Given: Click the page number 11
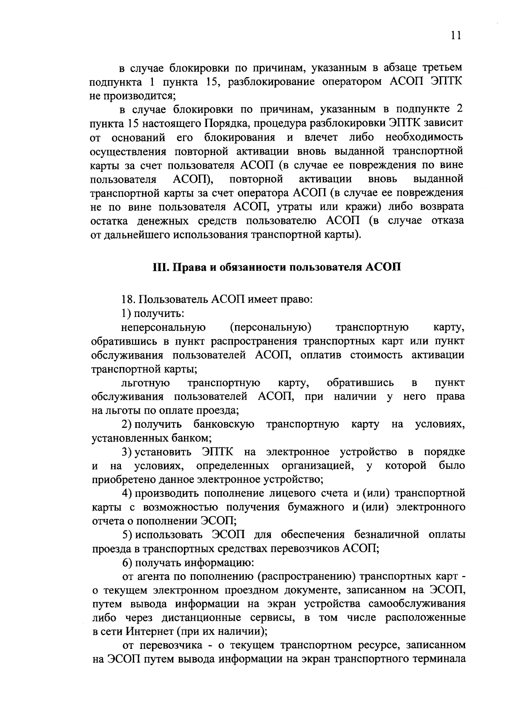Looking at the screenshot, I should (x=456, y=36).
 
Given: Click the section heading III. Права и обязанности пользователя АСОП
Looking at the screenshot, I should (x=277, y=267).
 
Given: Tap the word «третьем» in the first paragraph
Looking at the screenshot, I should (x=442, y=68).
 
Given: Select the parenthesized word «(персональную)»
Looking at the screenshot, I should (x=271, y=327).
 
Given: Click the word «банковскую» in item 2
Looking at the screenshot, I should (x=224, y=424).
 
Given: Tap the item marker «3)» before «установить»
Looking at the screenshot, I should (x=127, y=452).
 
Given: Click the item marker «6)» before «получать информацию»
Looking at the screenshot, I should (x=127, y=563).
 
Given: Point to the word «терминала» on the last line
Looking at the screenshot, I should (x=439, y=660).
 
